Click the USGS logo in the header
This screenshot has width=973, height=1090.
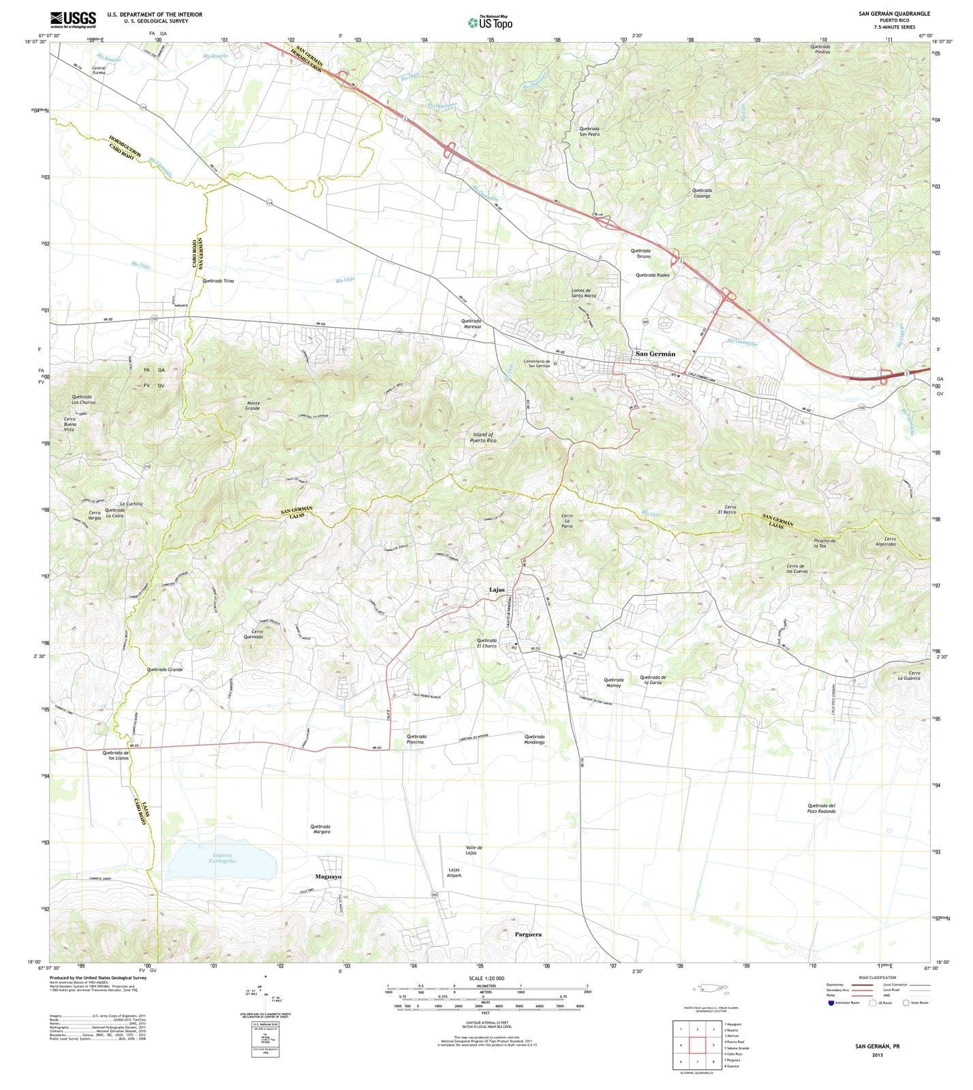(x=73, y=18)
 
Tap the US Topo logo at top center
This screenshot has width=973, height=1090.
(x=491, y=22)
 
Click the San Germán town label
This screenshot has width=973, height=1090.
(x=655, y=354)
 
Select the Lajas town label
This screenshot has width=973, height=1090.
(x=497, y=590)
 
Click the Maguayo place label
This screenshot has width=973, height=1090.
(x=328, y=876)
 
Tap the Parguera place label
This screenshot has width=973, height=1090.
(x=528, y=934)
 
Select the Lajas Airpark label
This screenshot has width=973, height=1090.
(x=454, y=873)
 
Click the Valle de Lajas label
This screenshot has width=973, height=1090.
(x=475, y=850)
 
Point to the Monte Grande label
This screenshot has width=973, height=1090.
(x=253, y=406)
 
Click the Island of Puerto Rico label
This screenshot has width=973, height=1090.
(x=483, y=437)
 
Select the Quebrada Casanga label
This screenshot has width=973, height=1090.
(x=702, y=193)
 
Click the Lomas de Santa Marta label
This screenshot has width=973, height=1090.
(x=584, y=293)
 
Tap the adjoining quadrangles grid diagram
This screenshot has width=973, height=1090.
(x=696, y=1044)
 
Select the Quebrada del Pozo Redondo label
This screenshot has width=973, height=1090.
(x=821, y=809)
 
